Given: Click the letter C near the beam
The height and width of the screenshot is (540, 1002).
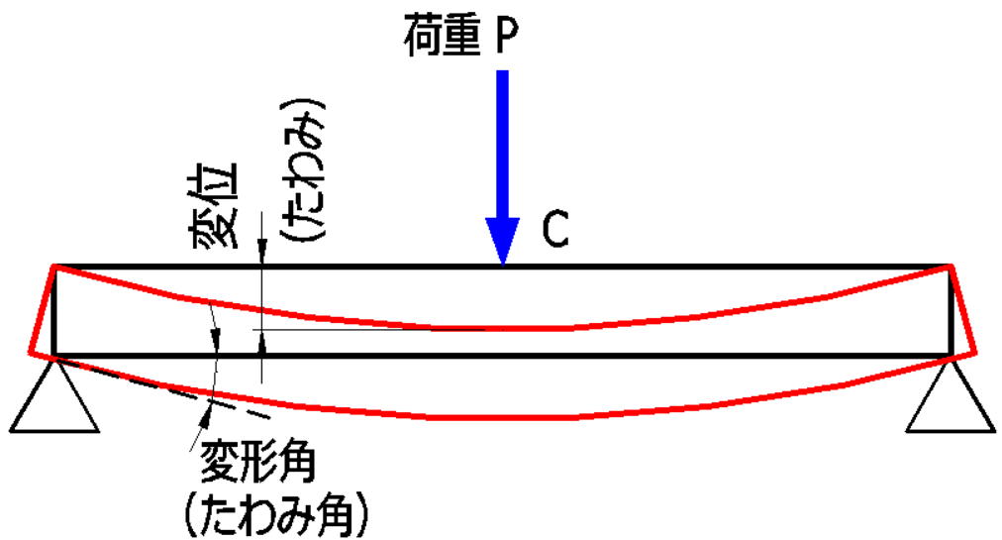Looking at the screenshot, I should [x=555, y=231].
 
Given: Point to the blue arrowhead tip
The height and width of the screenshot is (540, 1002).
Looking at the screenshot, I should [x=503, y=264].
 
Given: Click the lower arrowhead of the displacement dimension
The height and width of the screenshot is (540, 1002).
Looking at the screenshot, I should [x=261, y=343].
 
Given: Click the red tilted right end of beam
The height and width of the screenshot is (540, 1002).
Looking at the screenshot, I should [x=963, y=307].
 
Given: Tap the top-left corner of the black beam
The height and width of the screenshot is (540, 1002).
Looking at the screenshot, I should [x=53, y=267].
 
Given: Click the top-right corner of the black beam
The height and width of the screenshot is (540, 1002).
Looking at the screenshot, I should [x=951, y=267].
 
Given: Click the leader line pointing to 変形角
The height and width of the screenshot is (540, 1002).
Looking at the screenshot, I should [x=198, y=426].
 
